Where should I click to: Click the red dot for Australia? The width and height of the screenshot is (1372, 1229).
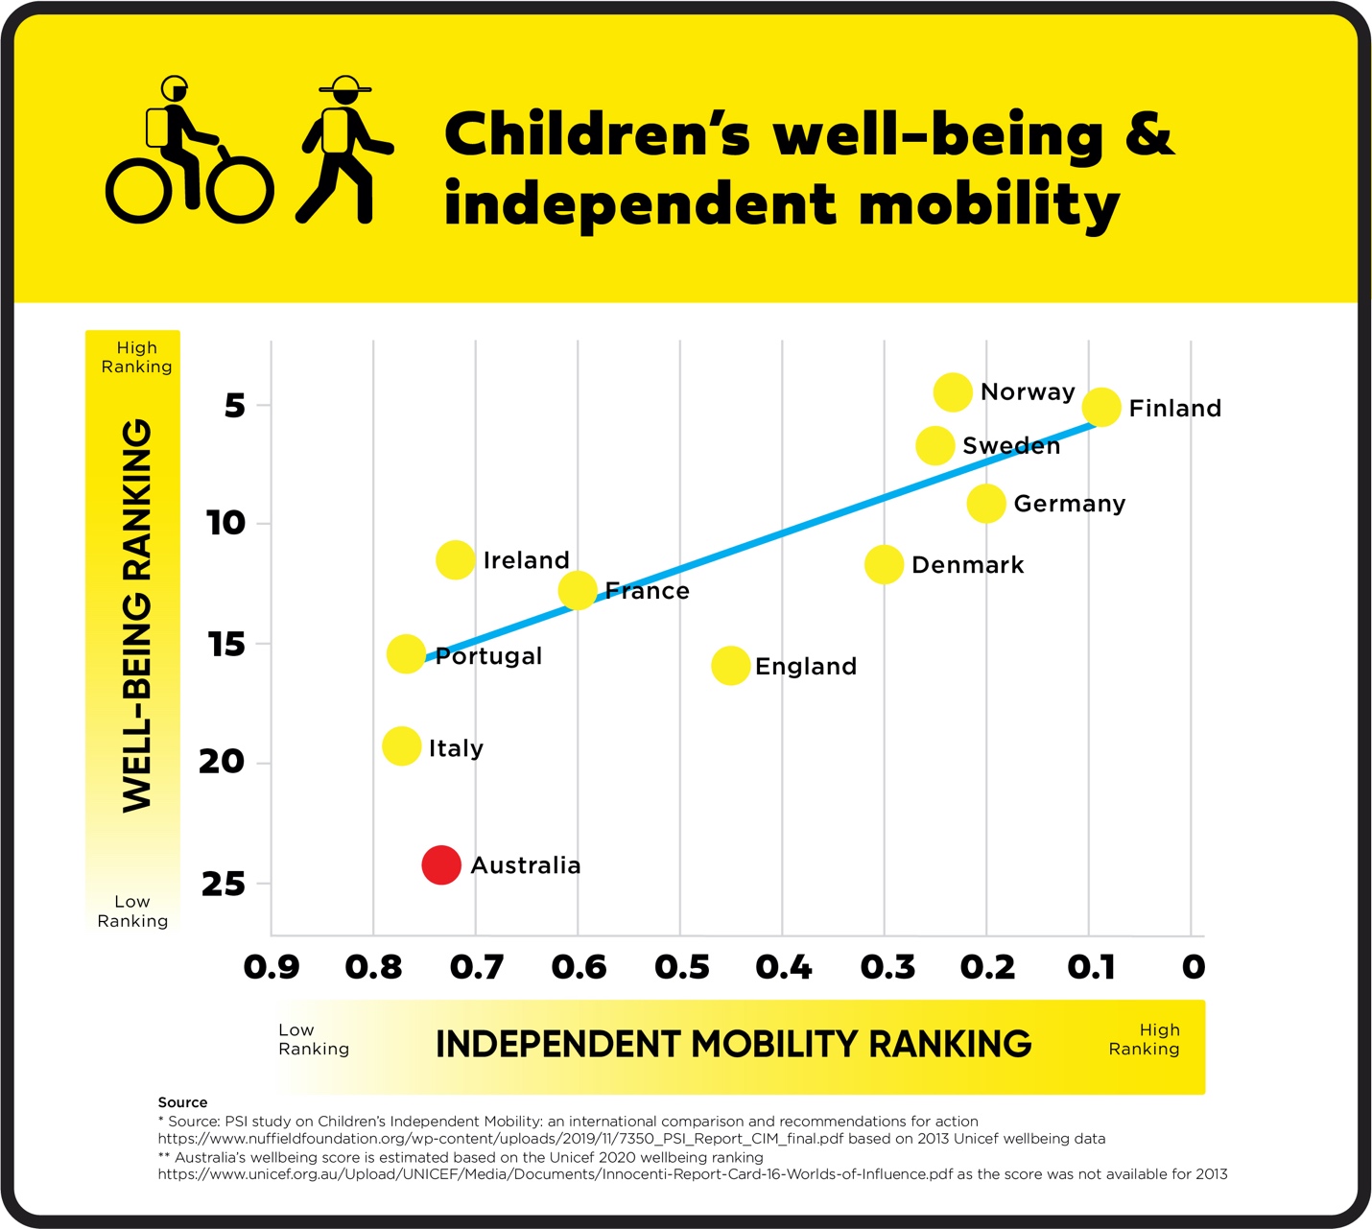[441, 865]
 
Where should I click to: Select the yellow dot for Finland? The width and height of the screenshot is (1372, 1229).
[1101, 407]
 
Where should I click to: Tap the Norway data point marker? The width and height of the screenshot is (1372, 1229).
[953, 391]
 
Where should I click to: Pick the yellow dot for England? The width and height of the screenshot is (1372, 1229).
[730, 666]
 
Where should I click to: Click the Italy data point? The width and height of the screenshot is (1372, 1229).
[401, 746]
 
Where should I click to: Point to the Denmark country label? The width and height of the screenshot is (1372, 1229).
[967, 565]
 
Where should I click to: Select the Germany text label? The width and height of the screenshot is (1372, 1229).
[1069, 504]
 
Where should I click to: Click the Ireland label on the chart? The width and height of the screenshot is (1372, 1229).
[526, 560]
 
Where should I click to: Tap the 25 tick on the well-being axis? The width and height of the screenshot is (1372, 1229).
[224, 884]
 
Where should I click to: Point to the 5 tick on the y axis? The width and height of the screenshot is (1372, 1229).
[235, 406]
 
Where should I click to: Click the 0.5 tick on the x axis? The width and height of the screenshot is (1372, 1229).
[681, 967]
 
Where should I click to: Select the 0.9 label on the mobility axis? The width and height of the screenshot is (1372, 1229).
[272, 967]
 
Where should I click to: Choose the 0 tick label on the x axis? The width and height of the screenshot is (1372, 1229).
[1193, 967]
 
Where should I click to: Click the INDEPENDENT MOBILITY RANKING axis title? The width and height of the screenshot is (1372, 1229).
[733, 1044]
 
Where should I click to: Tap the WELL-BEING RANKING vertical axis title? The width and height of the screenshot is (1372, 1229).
[137, 616]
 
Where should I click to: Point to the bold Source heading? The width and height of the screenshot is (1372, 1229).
[182, 1102]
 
